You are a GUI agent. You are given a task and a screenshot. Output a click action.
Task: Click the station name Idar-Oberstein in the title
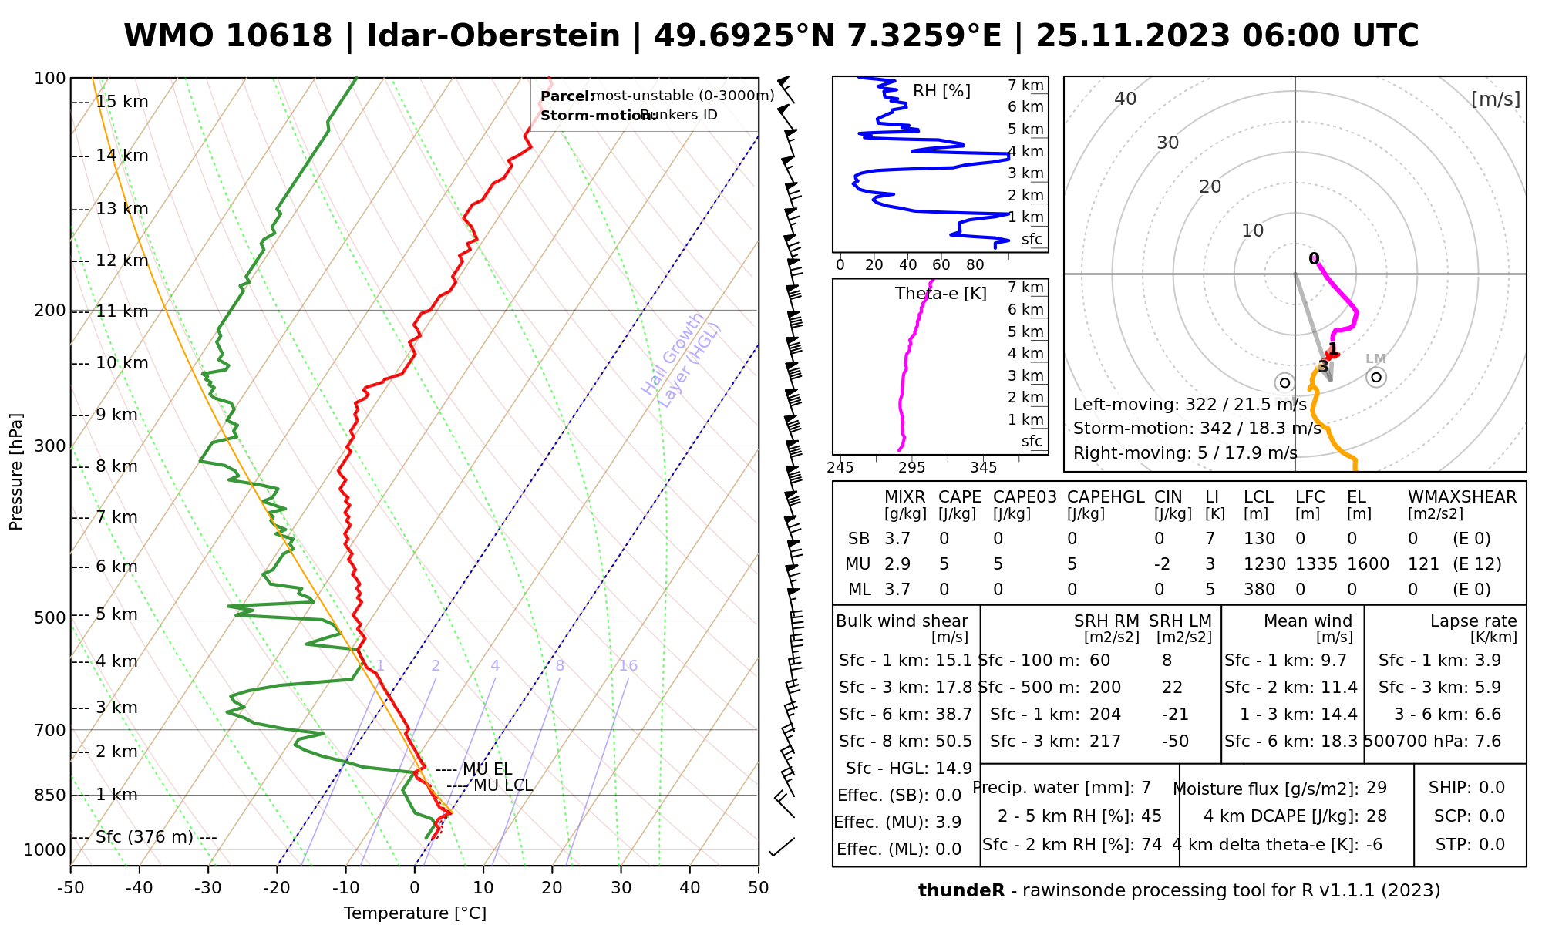click(x=493, y=36)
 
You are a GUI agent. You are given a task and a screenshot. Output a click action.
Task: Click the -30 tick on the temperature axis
click(x=208, y=888)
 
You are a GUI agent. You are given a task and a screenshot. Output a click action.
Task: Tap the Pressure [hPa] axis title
click(x=16, y=472)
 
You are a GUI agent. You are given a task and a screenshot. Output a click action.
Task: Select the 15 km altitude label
click(x=122, y=102)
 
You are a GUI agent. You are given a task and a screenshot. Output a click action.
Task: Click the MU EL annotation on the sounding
click(x=487, y=769)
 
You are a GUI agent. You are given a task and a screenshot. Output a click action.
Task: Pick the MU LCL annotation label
click(x=503, y=785)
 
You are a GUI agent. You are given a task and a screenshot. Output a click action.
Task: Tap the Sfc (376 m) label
click(x=144, y=837)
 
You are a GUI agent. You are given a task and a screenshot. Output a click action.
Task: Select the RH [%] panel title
click(x=941, y=91)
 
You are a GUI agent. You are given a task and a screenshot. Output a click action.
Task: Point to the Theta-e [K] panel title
click(x=941, y=294)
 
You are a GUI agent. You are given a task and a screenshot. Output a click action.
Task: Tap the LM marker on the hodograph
click(x=1376, y=376)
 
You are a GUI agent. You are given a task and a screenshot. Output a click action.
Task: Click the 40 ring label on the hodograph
click(x=1126, y=99)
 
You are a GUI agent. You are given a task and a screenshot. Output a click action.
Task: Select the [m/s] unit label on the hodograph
click(x=1495, y=99)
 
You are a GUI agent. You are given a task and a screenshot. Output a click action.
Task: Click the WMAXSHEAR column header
click(x=1462, y=497)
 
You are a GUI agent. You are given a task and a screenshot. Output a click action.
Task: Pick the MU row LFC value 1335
click(x=1316, y=564)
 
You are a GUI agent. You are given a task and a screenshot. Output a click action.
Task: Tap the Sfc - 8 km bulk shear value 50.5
click(x=954, y=742)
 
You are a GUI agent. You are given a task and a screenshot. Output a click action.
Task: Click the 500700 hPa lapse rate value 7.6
click(x=1487, y=742)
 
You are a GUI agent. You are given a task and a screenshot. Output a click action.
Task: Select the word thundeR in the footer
click(x=961, y=891)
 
